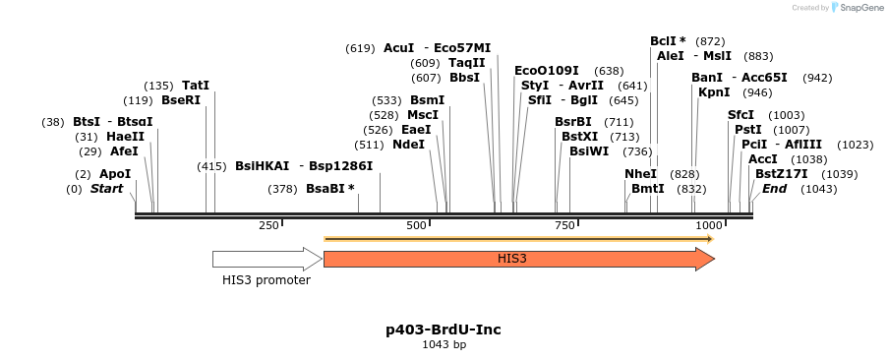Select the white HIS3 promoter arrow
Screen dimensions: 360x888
[266, 259]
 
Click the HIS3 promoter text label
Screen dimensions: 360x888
[266, 280]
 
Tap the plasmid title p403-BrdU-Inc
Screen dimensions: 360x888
[444, 329]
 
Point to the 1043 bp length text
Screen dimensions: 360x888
[444, 344]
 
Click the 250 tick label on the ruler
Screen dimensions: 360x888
[268, 226]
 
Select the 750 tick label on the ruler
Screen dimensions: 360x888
[565, 226]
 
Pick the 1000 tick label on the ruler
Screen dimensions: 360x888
[709, 226]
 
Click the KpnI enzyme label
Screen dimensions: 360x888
[714, 92]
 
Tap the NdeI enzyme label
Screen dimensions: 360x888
[408, 145]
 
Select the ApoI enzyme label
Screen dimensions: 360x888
[115, 173]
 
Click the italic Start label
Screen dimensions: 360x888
[107, 188]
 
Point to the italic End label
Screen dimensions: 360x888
[775, 188]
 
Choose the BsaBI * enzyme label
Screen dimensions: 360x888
[329, 188]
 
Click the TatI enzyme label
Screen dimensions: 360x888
[196, 86]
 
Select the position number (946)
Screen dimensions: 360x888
[757, 92]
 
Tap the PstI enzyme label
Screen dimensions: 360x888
[747, 130]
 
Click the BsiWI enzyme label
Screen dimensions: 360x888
[588, 151]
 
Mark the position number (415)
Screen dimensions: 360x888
[212, 166]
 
